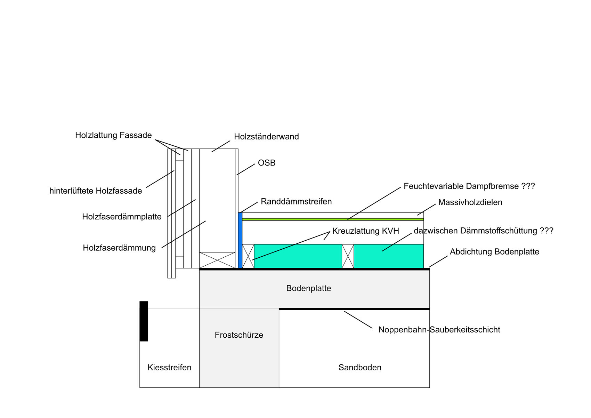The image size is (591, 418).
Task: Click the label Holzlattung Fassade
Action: (113, 135)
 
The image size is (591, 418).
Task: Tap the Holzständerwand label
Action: (266, 137)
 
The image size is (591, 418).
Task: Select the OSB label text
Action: (267, 163)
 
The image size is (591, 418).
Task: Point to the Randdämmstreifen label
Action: (296, 202)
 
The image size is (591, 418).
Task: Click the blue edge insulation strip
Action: (240, 240)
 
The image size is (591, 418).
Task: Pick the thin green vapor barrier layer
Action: (333, 219)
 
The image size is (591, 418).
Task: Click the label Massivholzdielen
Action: (470, 202)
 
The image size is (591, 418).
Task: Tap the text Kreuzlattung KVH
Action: (365, 231)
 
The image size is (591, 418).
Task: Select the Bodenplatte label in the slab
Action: (309, 288)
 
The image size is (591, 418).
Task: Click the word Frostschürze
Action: (239, 335)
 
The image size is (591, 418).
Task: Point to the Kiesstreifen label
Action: (169, 368)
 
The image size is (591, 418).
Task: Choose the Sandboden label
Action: (360, 368)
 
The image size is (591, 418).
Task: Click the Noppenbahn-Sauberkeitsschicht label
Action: (439, 330)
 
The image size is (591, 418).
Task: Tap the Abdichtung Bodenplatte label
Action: (494, 252)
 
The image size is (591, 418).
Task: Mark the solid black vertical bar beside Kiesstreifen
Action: (144, 321)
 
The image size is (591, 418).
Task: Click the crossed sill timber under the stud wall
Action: (217, 260)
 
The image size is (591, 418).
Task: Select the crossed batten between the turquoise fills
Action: (348, 256)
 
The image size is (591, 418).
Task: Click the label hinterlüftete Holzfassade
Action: (96, 191)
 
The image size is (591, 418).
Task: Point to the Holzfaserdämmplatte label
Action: (122, 217)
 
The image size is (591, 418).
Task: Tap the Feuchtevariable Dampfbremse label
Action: (469, 186)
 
